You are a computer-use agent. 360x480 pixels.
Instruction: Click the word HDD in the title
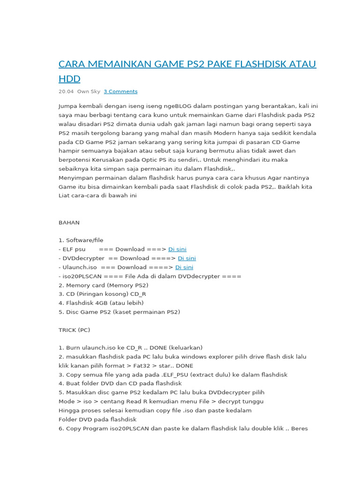(x=69, y=78)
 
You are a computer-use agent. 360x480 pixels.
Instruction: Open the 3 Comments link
(x=120, y=91)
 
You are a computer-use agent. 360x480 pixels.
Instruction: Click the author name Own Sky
(x=89, y=91)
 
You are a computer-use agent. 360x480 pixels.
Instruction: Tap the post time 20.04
(x=66, y=91)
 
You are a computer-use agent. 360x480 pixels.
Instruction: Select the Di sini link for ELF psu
(x=177, y=249)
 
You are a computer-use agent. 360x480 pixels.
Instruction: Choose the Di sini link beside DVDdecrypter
(x=187, y=258)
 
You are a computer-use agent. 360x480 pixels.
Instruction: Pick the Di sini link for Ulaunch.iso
(x=184, y=267)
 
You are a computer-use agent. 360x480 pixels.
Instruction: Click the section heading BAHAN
(x=69, y=223)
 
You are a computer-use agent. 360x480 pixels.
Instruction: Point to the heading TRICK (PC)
(x=74, y=330)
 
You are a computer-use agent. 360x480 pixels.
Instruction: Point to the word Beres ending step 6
(x=299, y=428)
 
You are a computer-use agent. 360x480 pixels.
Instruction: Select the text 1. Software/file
(x=81, y=240)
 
